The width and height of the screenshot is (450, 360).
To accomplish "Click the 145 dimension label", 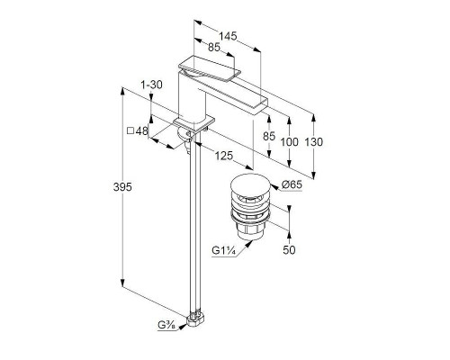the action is tap(228, 36).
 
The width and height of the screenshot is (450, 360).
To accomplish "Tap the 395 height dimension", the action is tap(122, 187).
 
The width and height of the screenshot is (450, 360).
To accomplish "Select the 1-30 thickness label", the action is tap(151, 85).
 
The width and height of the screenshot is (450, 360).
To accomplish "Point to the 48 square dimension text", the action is tap(142, 130).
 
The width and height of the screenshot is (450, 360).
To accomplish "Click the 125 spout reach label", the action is tap(223, 156).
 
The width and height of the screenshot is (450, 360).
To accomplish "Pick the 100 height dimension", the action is tap(289, 141).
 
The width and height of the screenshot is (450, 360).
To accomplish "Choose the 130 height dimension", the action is tap(314, 141).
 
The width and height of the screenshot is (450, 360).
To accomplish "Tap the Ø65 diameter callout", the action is tap(292, 184).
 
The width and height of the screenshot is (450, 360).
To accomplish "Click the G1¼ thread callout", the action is tap(222, 250).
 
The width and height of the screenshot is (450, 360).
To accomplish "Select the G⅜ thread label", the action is tap(166, 325).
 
